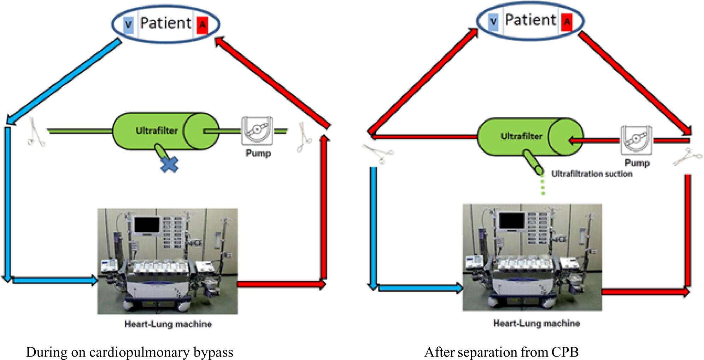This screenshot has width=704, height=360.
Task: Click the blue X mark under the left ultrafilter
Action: [x=169, y=164]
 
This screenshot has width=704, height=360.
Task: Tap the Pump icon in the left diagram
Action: [x=257, y=130]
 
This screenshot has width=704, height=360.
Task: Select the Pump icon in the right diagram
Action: [x=636, y=140]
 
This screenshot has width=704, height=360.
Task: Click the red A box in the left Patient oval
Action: [x=202, y=25]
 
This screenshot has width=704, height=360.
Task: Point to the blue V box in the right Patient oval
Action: [x=493, y=22]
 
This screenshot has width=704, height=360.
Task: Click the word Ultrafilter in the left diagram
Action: [x=157, y=131]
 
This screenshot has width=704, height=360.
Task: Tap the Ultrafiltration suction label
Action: [x=592, y=174]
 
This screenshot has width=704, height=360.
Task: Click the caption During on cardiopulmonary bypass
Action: [x=129, y=352]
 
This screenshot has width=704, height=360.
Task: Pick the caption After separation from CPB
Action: [x=501, y=352]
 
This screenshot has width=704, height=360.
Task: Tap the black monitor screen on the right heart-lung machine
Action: [x=512, y=221]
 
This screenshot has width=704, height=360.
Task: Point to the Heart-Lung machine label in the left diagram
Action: [x=168, y=324]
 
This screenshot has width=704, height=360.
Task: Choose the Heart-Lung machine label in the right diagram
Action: [x=536, y=323]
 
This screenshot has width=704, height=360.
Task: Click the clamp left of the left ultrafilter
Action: [x=36, y=133]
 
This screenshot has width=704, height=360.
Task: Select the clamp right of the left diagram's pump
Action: [x=304, y=137]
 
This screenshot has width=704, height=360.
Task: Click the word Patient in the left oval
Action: [x=165, y=23]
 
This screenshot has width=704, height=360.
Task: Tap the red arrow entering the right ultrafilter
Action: [x=594, y=141]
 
